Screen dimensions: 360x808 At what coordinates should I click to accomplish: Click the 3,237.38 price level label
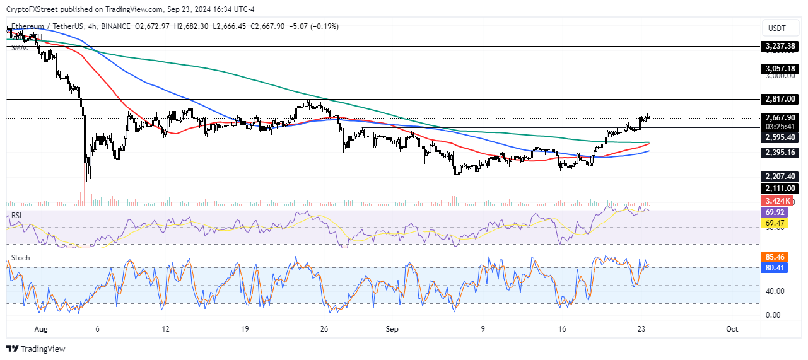click(x=780, y=46)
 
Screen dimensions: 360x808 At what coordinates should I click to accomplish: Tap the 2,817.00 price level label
click(x=780, y=99)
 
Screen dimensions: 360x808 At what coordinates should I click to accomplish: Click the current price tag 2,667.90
click(x=780, y=117)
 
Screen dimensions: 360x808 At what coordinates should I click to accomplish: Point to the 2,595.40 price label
click(x=780, y=137)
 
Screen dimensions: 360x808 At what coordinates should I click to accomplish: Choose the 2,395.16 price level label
click(x=780, y=153)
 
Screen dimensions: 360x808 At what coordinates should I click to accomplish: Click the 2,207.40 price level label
click(x=780, y=178)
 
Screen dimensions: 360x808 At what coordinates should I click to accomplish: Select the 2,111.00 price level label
click(x=780, y=189)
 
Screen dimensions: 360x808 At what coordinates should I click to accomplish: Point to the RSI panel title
click(x=17, y=216)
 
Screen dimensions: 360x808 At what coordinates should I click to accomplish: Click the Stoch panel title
click(x=20, y=258)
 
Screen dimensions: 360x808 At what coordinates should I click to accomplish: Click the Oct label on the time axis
click(x=732, y=329)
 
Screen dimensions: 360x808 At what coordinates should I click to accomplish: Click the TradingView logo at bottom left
click(x=37, y=349)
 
